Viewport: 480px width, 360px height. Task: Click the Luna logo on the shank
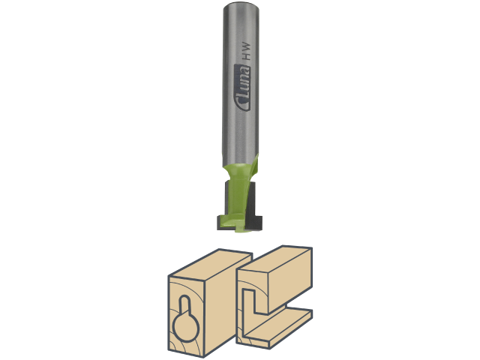(242, 88)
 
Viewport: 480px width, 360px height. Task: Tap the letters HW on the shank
(247, 52)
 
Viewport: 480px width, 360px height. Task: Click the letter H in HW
(247, 57)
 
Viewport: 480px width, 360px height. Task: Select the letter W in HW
(247, 46)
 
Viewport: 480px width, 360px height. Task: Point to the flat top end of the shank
(241, 6)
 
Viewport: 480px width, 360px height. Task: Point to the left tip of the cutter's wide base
(218, 223)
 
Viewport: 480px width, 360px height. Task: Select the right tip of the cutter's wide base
(262, 223)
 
